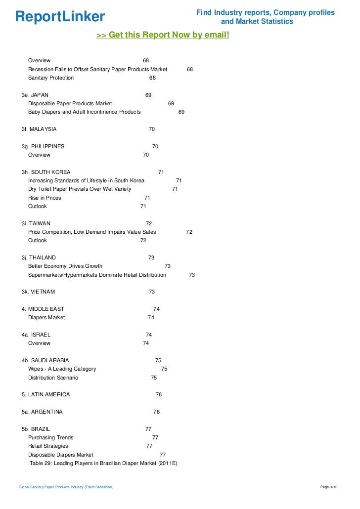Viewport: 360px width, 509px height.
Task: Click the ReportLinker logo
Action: click(60, 17)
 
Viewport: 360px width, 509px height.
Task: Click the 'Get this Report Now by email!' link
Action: click(163, 36)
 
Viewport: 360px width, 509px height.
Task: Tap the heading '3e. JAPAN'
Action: click(35, 95)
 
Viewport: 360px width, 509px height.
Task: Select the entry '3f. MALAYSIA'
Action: click(39, 129)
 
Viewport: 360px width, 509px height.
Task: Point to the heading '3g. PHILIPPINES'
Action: click(43, 146)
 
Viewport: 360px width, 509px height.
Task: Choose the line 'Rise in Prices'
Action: click(45, 198)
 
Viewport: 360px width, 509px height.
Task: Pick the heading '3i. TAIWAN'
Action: click(36, 223)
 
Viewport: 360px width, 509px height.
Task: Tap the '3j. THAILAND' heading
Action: click(39, 257)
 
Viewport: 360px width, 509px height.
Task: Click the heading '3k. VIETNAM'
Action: click(38, 292)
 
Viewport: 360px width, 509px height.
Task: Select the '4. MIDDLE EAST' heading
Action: click(43, 309)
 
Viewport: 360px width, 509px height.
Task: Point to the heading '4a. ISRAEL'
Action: click(36, 335)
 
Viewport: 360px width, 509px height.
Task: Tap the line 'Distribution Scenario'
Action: click(53, 378)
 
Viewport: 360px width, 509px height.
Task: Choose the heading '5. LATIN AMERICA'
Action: click(45, 394)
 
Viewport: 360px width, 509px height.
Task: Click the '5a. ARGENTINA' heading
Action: click(42, 412)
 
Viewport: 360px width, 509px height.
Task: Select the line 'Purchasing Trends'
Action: click(50, 437)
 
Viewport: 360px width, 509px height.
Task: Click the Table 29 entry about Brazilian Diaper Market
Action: click(103, 463)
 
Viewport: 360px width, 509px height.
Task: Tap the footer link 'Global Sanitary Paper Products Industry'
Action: click(66, 488)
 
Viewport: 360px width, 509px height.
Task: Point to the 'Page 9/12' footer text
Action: click(329, 488)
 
